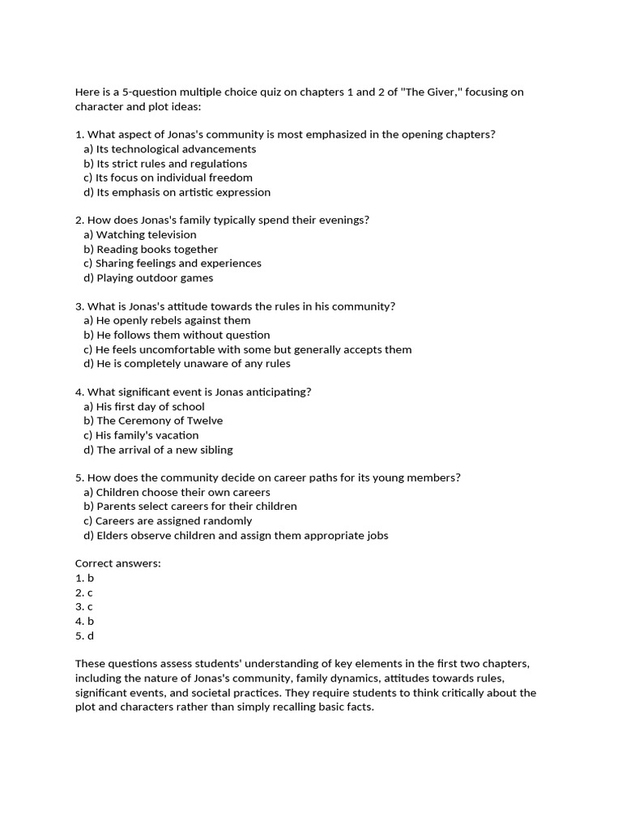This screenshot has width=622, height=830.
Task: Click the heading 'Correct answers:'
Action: (x=118, y=563)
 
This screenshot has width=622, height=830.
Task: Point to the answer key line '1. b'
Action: (x=85, y=579)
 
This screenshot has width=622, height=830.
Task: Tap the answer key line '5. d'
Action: (x=85, y=636)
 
